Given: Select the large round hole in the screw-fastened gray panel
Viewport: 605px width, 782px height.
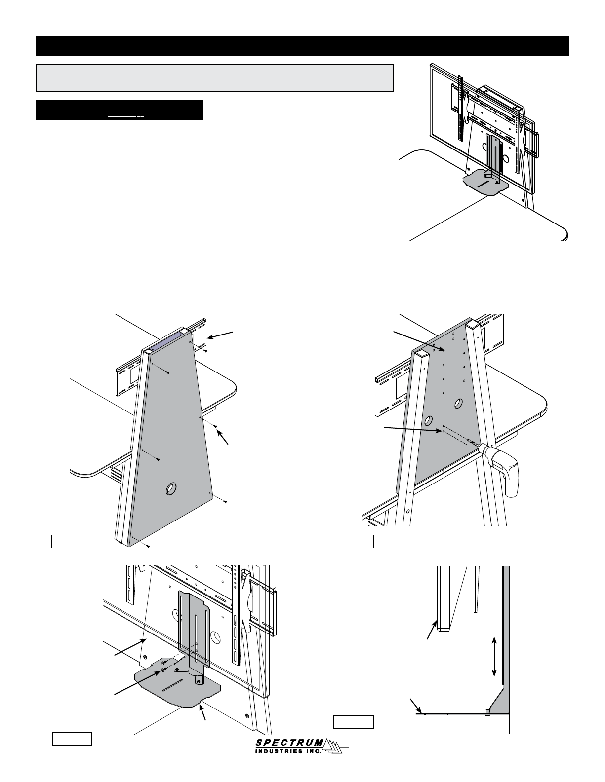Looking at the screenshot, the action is coord(171,489).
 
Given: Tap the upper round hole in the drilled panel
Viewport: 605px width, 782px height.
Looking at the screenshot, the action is coord(458,404).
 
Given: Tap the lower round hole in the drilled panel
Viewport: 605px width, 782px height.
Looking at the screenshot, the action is coord(429,421).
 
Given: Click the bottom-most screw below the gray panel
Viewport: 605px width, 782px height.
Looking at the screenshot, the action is coord(148,546).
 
